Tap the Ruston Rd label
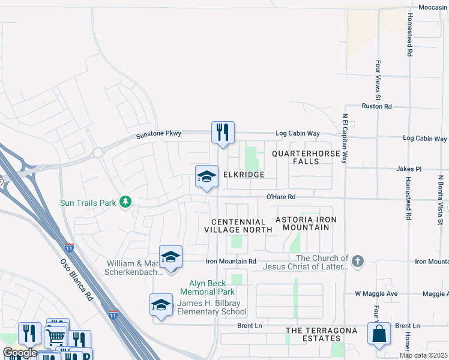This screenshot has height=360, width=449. [x=376, y=106]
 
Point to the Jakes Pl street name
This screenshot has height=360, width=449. [x=409, y=169]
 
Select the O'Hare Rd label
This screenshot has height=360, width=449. [x=282, y=197]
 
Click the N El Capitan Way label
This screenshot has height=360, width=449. [x=345, y=139]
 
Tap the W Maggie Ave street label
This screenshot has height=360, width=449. [x=376, y=294]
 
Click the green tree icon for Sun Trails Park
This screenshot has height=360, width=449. [x=125, y=202]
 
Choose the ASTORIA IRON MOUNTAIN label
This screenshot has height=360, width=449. [x=302, y=224]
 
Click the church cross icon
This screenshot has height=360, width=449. [x=358, y=261]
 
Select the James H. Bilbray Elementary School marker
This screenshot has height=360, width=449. [x=161, y=305]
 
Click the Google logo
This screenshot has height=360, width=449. [x=20, y=353]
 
